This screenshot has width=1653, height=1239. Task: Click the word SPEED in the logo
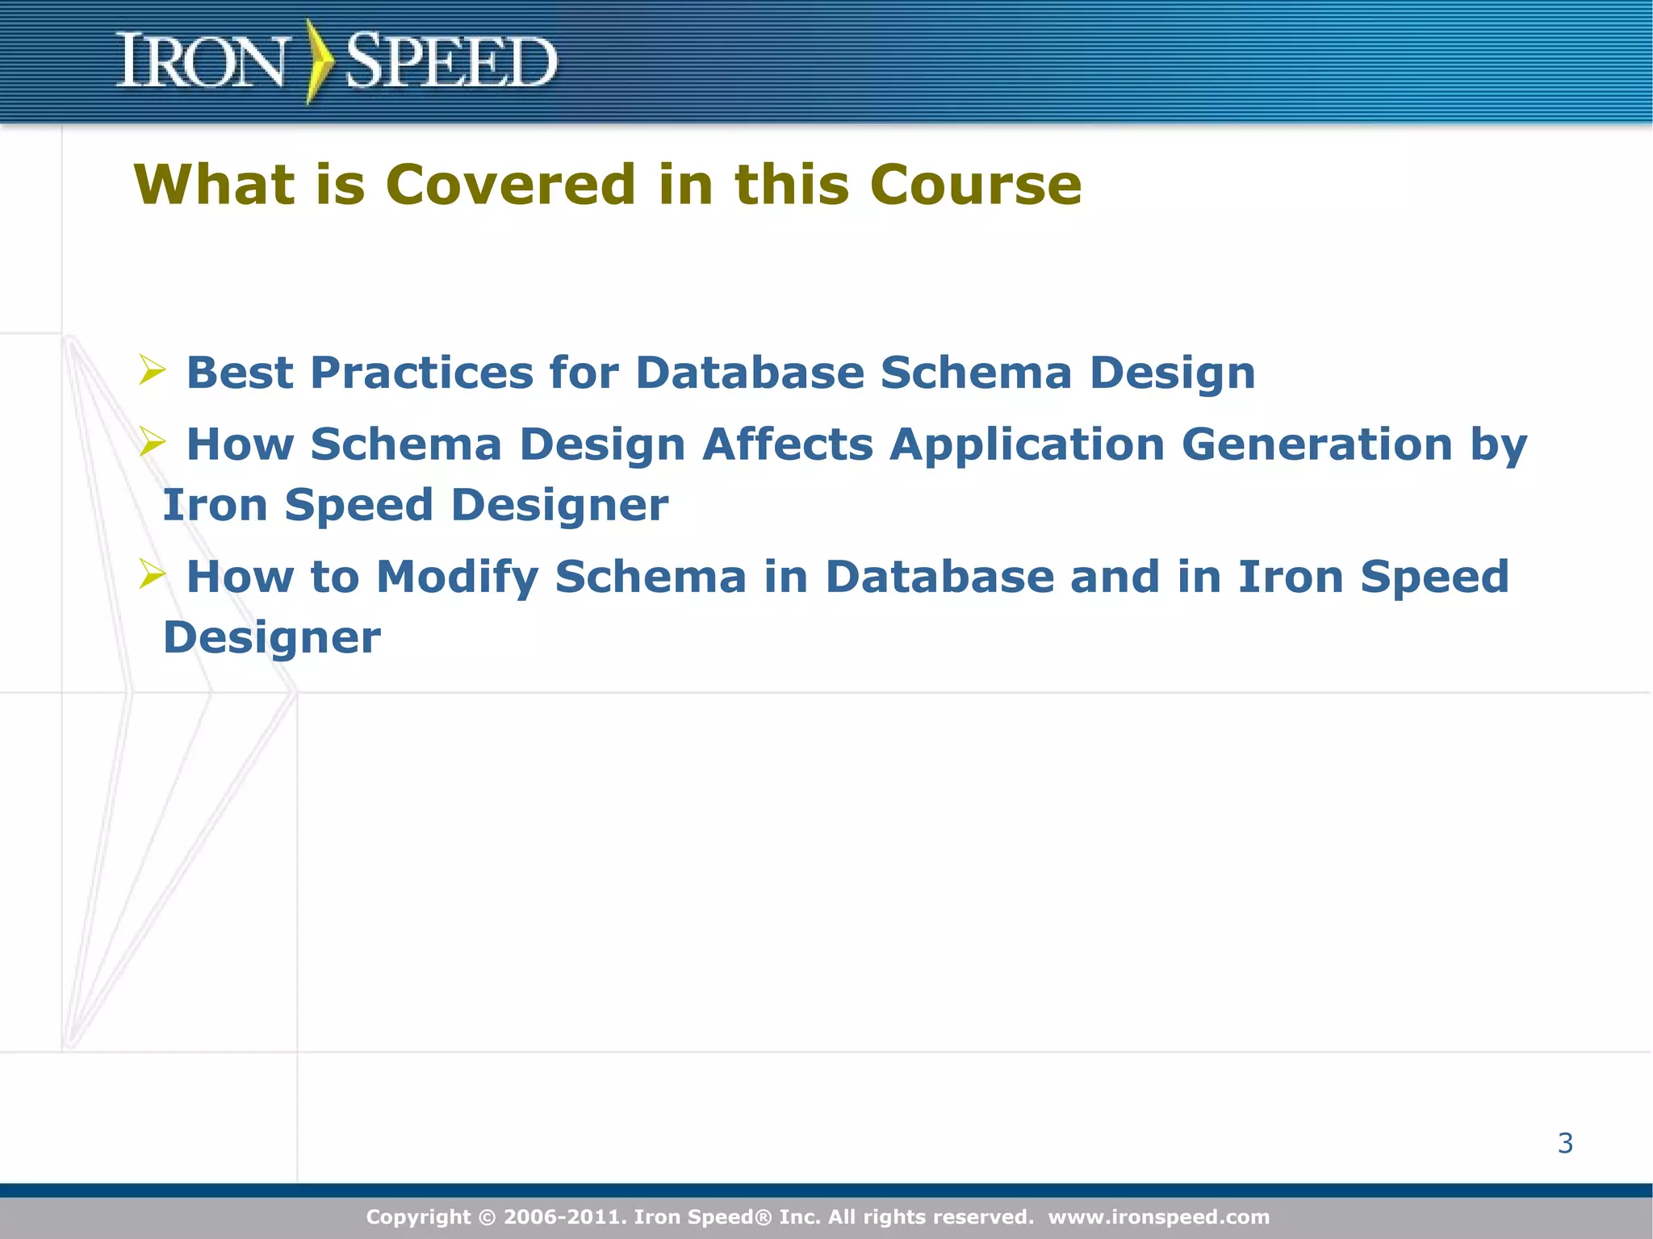[450, 61]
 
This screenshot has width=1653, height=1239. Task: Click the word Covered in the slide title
[511, 185]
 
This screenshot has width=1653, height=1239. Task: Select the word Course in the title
[976, 185]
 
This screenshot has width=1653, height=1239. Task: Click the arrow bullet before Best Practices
[152, 370]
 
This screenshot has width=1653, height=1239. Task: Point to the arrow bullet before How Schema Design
[152, 442]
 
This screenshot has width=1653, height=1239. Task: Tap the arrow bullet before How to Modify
[152, 574]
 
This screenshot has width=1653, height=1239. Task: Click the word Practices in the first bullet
[421, 373]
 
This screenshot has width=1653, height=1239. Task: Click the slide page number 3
[1565, 1143]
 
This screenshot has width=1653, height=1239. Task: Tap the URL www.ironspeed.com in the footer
[1158, 1216]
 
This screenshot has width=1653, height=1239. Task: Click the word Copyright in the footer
[418, 1216]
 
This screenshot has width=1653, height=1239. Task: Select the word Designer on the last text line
[271, 638]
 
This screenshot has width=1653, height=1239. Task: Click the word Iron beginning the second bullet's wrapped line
[215, 505]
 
